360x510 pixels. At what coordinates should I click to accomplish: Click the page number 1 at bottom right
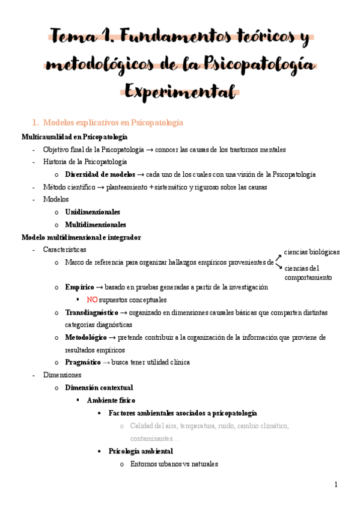[337, 485]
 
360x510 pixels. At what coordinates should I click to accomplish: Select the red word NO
[92, 300]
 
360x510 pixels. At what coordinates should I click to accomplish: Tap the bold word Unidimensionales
[93, 212]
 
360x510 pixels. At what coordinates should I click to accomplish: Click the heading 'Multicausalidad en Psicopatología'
[75, 137]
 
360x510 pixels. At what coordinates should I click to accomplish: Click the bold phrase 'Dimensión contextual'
[99, 387]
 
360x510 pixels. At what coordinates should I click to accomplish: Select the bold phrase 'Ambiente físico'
[111, 400]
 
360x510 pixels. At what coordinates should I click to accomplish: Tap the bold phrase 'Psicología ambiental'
[141, 450]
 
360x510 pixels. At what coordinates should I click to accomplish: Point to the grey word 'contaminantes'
[154, 438]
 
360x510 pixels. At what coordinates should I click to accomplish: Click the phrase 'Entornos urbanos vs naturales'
[174, 464]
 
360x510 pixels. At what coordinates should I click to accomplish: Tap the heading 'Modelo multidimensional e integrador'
[81, 237]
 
